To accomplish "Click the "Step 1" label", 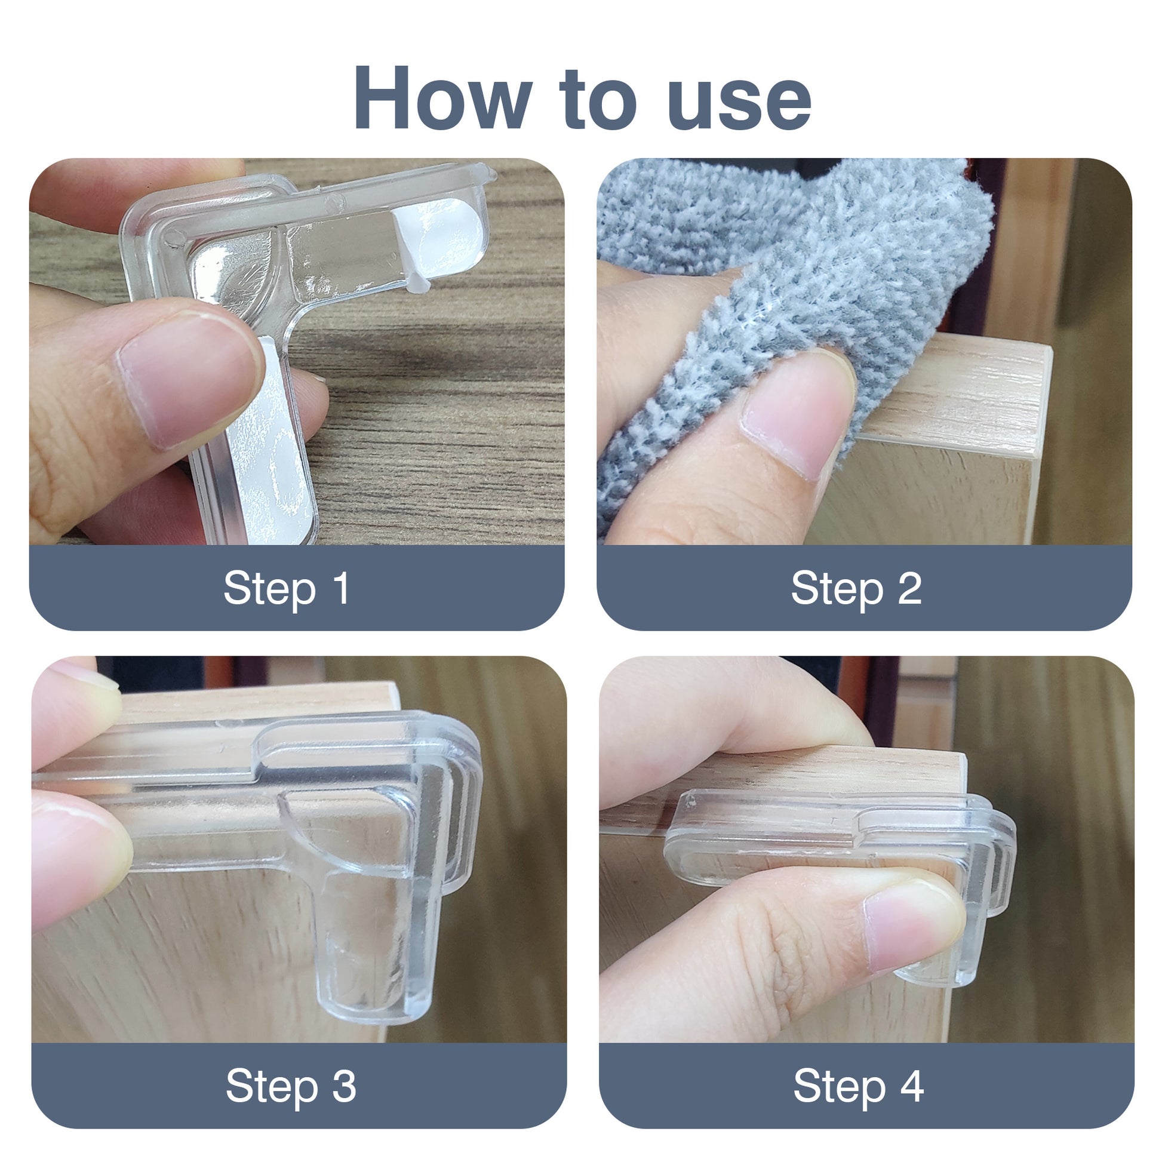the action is click(286, 588).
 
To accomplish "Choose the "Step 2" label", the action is click(856, 588).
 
